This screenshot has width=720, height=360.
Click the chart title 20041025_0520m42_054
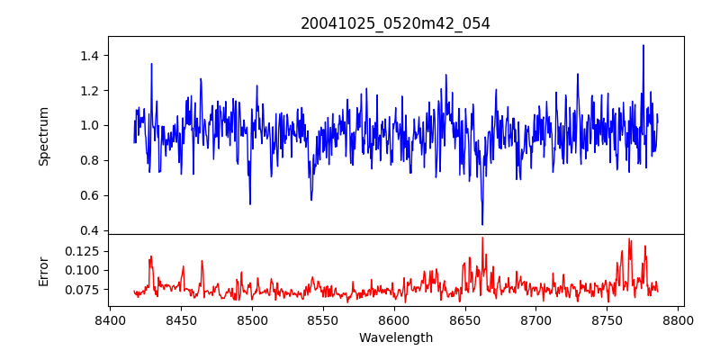point(395,23)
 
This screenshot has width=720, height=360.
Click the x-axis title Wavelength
point(395,337)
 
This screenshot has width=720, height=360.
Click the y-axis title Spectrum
point(43,136)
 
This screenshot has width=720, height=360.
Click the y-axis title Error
point(43,270)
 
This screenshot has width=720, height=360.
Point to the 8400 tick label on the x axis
point(110,319)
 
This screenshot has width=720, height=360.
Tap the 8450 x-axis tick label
point(181,319)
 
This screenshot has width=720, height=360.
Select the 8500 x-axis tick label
point(252,319)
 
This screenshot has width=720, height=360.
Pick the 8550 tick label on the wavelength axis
point(323,319)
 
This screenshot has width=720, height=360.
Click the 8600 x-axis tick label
point(394,319)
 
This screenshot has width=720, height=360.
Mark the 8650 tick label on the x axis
point(465,319)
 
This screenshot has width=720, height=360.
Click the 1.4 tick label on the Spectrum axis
point(90,56)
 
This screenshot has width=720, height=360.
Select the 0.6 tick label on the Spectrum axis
point(90,195)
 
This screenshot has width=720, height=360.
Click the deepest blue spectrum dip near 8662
point(482,224)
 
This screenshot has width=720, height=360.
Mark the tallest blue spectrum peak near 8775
point(643,45)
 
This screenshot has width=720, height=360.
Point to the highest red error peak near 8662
point(482,238)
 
